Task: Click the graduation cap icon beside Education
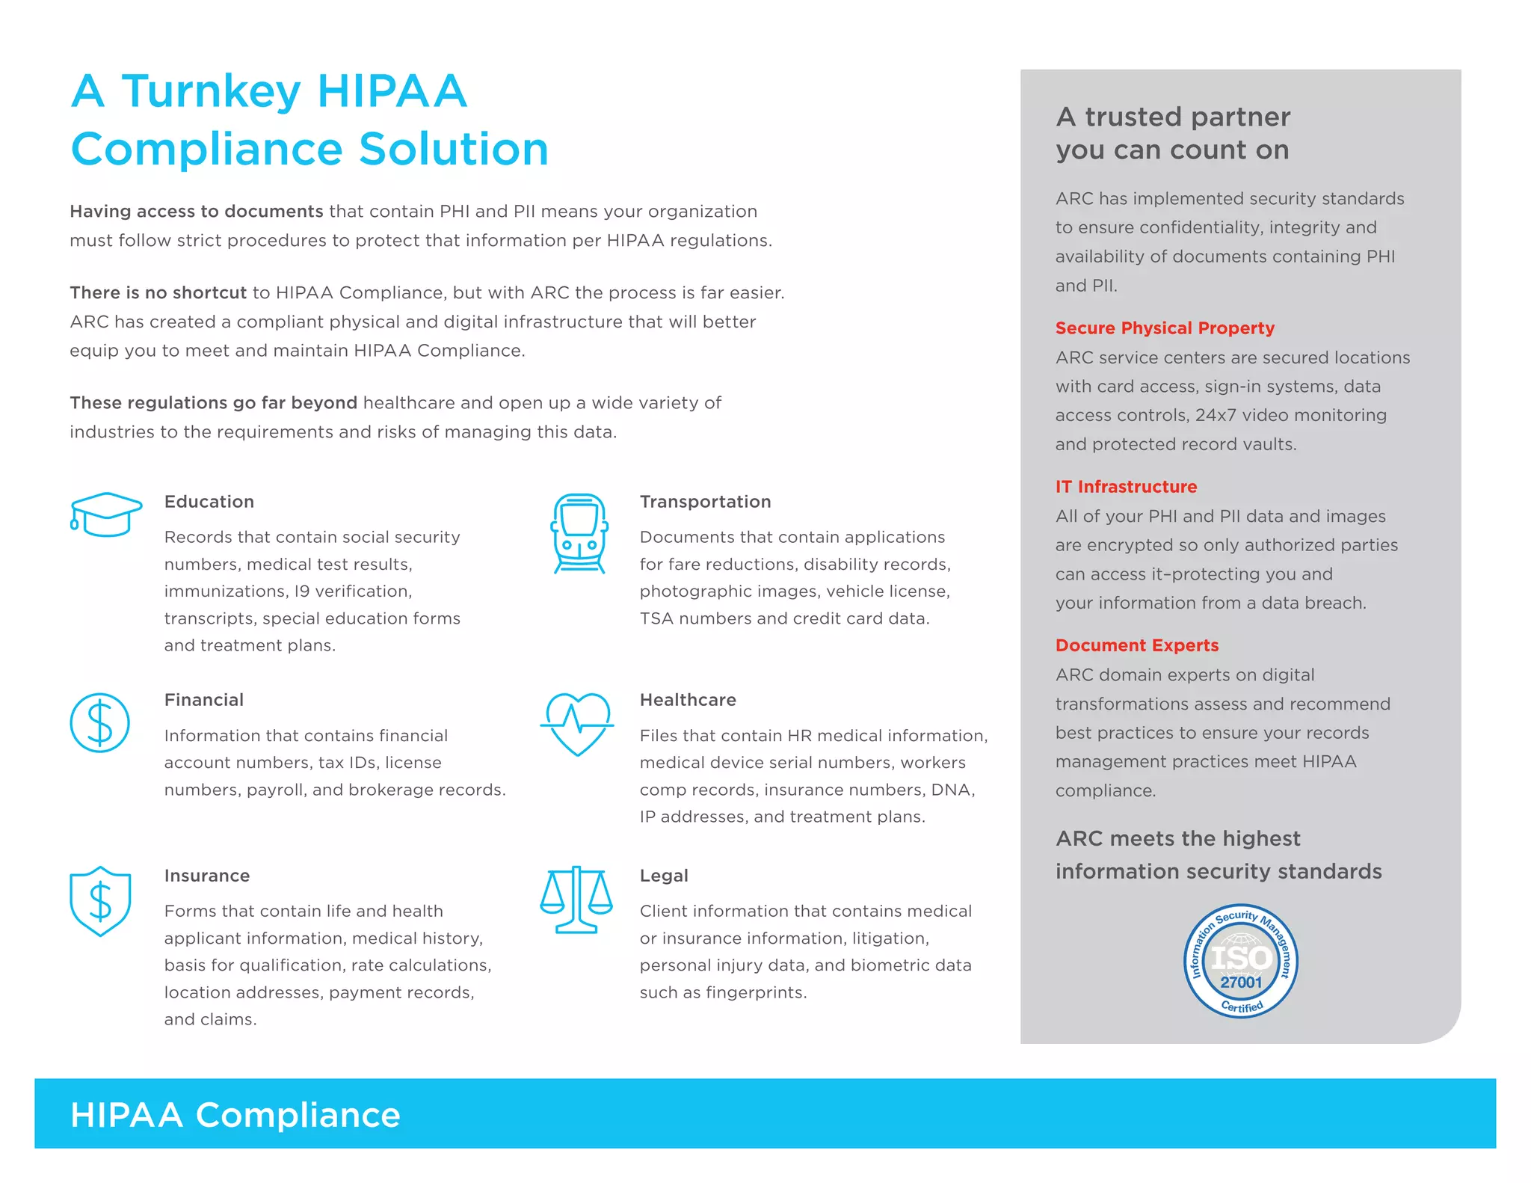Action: click(x=105, y=514)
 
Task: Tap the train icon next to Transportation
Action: click(x=579, y=533)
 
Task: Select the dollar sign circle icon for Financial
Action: click(x=100, y=722)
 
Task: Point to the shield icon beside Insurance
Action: click(x=100, y=901)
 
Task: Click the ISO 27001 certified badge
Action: click(x=1240, y=961)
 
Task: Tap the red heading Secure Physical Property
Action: click(x=1165, y=328)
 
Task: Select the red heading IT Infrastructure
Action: click(x=1126, y=487)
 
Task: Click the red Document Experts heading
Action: click(x=1136, y=645)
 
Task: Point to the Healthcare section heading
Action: click(x=688, y=700)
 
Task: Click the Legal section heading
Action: click(x=664, y=876)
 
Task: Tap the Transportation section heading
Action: click(x=705, y=502)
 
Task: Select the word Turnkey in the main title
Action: click(x=212, y=93)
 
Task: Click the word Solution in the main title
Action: click(x=454, y=150)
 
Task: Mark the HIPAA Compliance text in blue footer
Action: click(x=235, y=1115)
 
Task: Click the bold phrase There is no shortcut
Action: click(x=158, y=292)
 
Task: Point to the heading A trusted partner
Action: click(x=1173, y=117)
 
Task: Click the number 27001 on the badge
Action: click(x=1241, y=983)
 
